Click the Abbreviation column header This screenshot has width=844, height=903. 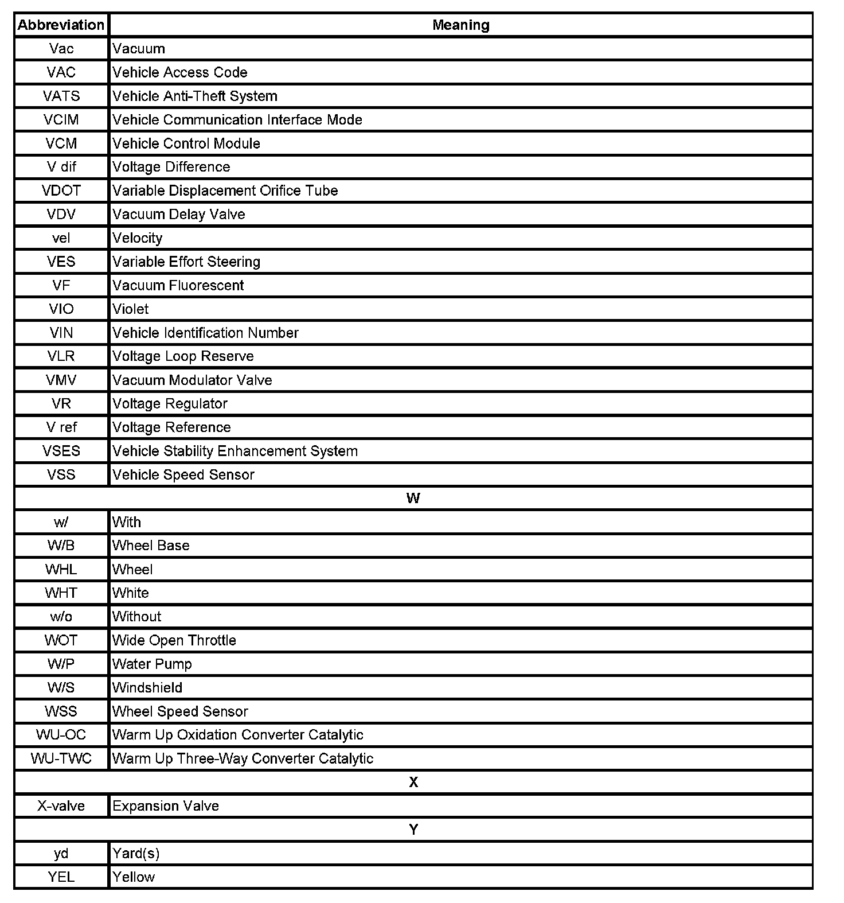click(x=61, y=25)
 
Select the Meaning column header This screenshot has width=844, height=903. click(x=460, y=25)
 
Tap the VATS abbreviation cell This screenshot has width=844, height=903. click(x=61, y=96)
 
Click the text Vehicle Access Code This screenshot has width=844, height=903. click(x=180, y=72)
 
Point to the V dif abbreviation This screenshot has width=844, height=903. click(x=61, y=167)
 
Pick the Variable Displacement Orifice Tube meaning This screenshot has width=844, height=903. click(x=225, y=190)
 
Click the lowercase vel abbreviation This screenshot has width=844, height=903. click(x=61, y=238)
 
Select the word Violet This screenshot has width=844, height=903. click(x=131, y=309)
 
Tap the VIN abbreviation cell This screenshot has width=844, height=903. click(x=61, y=333)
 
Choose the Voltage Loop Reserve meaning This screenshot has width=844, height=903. click(x=183, y=356)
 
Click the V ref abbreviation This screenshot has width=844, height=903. click(x=61, y=427)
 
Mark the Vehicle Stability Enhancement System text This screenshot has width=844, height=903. click(x=235, y=451)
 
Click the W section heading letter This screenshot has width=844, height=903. click(x=413, y=499)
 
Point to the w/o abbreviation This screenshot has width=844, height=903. click(x=61, y=617)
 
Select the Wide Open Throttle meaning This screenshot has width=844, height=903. click(x=174, y=640)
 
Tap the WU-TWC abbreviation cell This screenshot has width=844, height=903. click(x=61, y=758)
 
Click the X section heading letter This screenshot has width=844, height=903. click(x=413, y=783)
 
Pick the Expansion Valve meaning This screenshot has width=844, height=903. click(x=166, y=806)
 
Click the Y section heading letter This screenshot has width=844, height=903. click(x=413, y=830)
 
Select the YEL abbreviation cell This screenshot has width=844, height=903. click(x=61, y=877)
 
